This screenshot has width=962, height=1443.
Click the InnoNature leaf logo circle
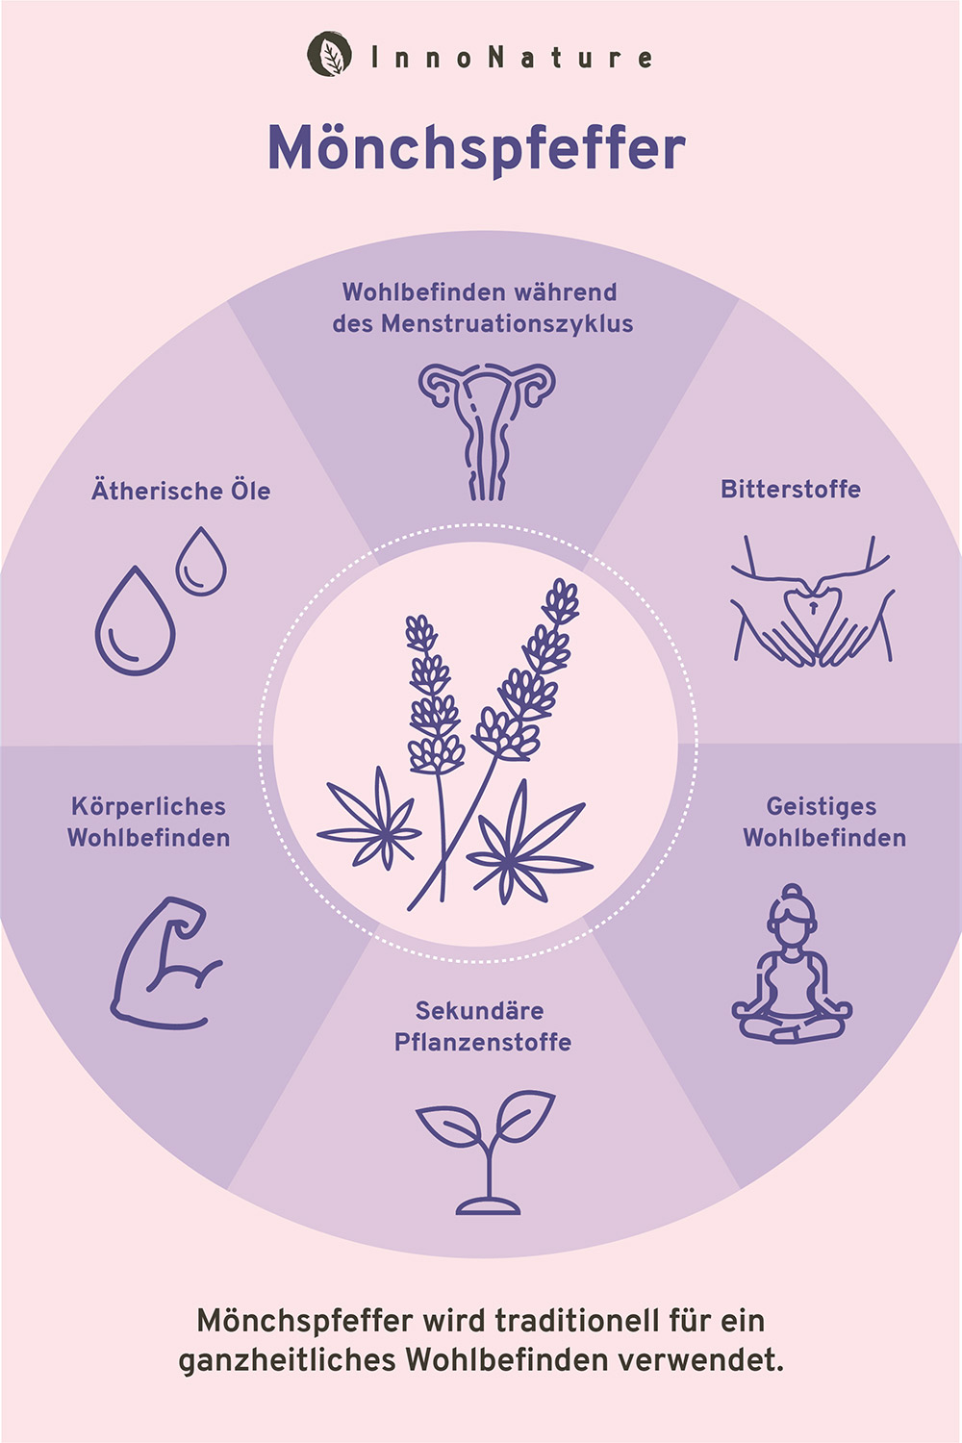coord(330,55)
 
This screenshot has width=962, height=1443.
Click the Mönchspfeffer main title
coord(476,149)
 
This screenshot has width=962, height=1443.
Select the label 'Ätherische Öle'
coord(181,491)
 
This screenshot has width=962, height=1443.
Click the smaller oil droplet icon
coord(201,563)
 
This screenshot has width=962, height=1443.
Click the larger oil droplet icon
coord(135,622)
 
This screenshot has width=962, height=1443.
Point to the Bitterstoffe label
coord(791,489)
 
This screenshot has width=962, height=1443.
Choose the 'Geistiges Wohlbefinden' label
coord(823,822)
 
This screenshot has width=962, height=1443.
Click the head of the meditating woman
coord(792,907)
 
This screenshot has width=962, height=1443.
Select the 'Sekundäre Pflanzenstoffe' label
coord(482,1025)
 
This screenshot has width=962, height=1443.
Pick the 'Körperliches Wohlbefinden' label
coord(149,822)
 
